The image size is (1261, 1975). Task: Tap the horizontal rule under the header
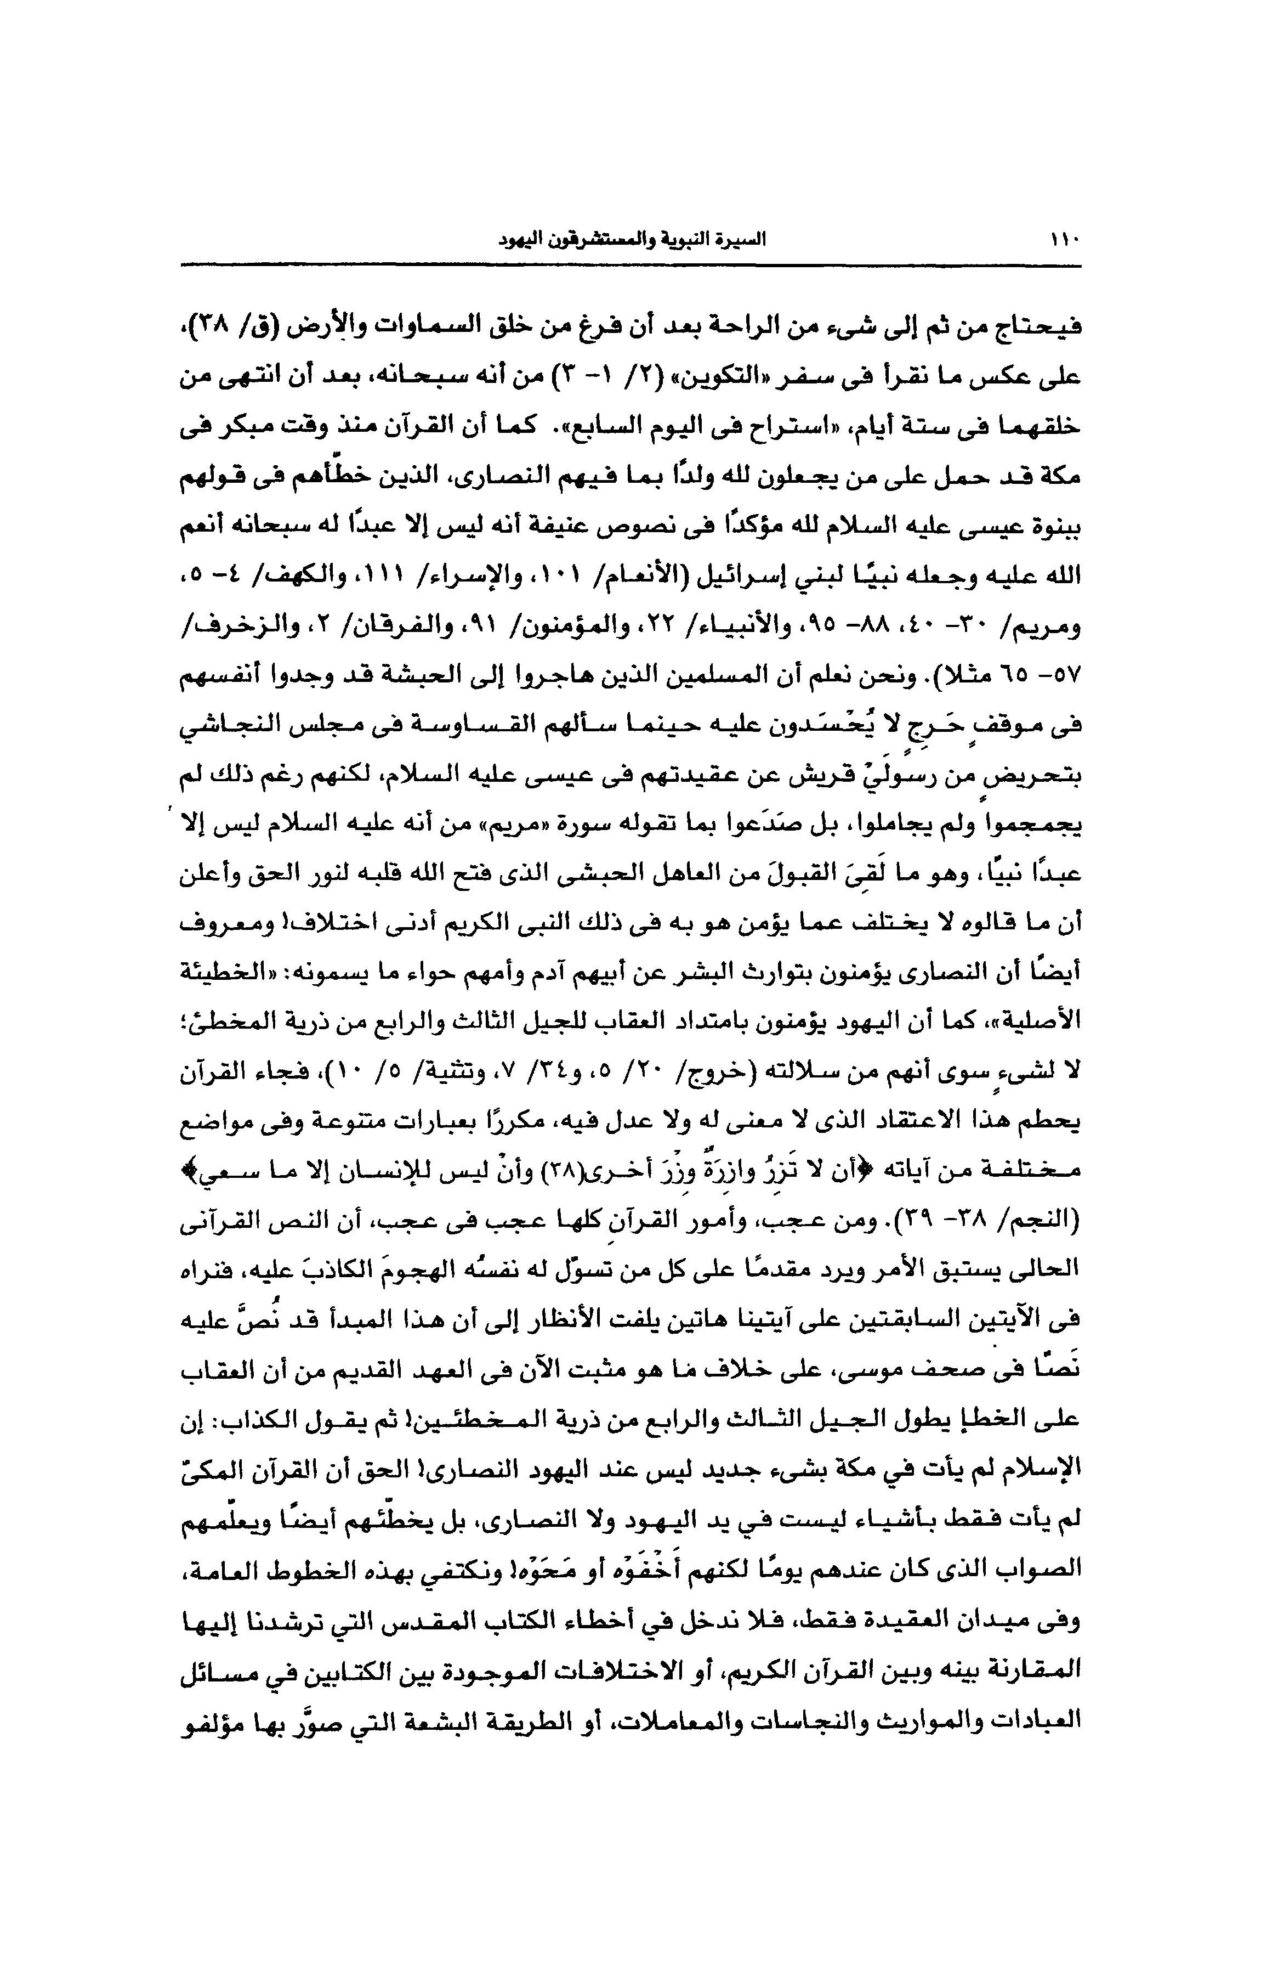pos(630,265)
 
